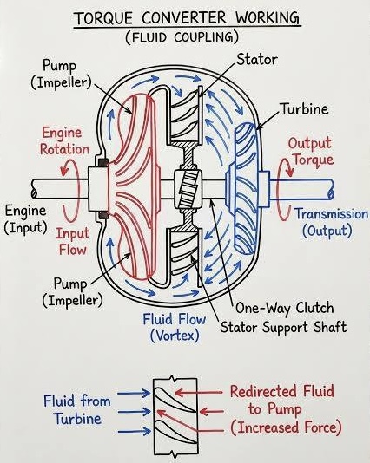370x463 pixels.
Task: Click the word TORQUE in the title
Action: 103,18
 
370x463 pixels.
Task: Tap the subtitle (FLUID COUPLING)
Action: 182,37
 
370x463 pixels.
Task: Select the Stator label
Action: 256,59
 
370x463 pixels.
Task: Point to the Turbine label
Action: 304,109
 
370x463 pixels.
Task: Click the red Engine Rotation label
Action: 64,141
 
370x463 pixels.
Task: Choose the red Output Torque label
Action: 311,152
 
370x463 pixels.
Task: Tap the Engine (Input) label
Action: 26,219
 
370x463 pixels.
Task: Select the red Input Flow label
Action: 73,242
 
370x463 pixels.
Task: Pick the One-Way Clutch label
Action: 285,308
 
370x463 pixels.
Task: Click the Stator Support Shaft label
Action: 283,327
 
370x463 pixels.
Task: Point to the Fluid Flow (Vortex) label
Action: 175,328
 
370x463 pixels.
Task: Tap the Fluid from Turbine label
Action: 77,410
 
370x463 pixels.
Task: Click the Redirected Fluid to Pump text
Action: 282,400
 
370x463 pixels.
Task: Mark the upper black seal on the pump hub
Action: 102,163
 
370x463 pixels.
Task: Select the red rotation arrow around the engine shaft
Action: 70,190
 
